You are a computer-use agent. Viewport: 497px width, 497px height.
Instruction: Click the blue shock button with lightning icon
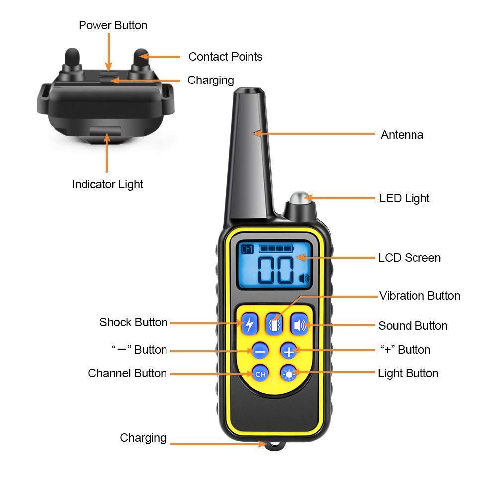(249, 324)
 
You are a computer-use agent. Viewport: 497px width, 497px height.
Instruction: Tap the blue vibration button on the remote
(274, 324)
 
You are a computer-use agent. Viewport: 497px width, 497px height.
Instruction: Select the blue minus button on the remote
(260, 351)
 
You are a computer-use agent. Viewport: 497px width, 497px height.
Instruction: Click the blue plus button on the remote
(288, 351)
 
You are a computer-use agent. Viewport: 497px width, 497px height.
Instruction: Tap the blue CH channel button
(260, 373)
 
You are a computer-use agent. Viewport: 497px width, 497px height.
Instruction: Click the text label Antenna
(402, 135)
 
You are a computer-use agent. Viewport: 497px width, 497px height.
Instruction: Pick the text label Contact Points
(225, 57)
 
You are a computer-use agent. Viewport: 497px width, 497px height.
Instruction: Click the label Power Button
(113, 25)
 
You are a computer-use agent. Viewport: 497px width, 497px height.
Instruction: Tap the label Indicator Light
(107, 184)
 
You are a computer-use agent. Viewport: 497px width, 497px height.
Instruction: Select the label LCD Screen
(409, 258)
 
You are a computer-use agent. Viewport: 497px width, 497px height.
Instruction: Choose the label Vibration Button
(419, 296)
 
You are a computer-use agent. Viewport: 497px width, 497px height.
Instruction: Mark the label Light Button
(408, 373)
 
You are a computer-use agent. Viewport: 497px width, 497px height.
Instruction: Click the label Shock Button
(133, 322)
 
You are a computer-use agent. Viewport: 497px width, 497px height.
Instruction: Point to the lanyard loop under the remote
(272, 446)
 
